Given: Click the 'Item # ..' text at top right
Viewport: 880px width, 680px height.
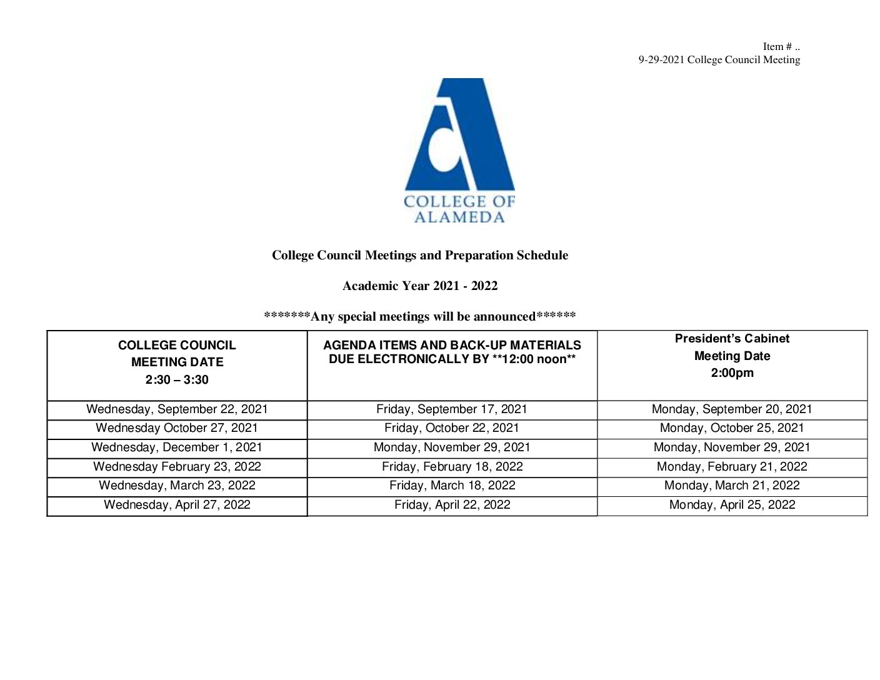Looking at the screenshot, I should (781, 47).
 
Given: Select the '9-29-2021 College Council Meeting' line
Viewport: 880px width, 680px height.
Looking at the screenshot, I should (719, 60).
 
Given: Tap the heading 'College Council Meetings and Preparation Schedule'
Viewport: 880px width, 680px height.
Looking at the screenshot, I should (420, 255).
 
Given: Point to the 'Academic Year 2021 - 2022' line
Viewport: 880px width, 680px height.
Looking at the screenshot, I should (420, 286).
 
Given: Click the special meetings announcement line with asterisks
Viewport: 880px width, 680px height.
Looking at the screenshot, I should (420, 317).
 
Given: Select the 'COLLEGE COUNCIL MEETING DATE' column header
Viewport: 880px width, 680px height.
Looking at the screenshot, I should (177, 353).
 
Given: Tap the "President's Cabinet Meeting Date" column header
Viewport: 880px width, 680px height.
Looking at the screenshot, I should (732, 347).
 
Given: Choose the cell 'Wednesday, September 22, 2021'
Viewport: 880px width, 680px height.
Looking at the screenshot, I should (177, 409).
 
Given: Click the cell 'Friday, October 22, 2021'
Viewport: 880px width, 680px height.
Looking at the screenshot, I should (452, 428).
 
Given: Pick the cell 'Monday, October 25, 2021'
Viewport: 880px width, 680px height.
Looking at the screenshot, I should (732, 428).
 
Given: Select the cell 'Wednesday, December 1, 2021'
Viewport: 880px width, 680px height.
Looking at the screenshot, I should (177, 447).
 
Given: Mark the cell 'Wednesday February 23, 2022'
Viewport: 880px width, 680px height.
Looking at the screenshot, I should (177, 467).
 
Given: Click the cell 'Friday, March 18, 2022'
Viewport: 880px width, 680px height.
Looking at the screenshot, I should (452, 486).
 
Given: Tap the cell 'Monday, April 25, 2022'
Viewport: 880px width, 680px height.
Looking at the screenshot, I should (732, 505).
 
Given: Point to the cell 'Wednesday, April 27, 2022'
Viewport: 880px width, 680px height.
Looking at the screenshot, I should (177, 505).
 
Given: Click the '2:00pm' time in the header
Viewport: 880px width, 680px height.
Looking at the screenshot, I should (732, 373).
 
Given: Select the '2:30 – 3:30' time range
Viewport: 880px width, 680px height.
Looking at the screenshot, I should (177, 380).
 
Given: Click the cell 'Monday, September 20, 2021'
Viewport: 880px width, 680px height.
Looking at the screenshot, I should (732, 409).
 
